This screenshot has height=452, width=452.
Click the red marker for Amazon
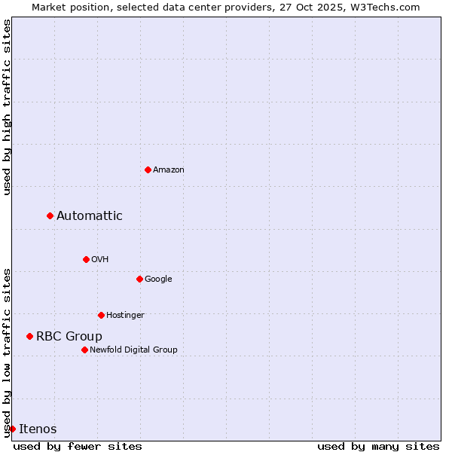click(x=148, y=169)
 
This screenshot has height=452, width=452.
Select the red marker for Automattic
click(x=50, y=216)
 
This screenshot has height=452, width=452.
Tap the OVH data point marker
click(x=86, y=259)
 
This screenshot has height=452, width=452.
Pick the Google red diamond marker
click(x=139, y=279)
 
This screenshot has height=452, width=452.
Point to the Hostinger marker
click(x=101, y=315)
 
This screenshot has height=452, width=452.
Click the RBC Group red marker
click(x=29, y=336)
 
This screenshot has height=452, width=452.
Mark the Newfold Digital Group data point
click(x=84, y=350)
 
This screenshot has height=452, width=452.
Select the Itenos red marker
click(x=12, y=429)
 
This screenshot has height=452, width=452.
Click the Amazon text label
click(x=169, y=170)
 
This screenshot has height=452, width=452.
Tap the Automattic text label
click(x=90, y=216)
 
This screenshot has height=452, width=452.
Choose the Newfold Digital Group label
click(x=133, y=350)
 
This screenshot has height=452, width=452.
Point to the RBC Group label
click(x=69, y=337)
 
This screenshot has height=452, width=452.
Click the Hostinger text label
click(x=125, y=315)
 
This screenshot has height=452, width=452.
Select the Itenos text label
click(x=38, y=429)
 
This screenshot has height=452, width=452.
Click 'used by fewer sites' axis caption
click(x=78, y=446)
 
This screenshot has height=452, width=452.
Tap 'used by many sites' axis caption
click(x=378, y=446)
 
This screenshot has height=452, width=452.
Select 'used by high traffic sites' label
click(x=7, y=107)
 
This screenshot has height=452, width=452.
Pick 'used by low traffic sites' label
click(x=7, y=352)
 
